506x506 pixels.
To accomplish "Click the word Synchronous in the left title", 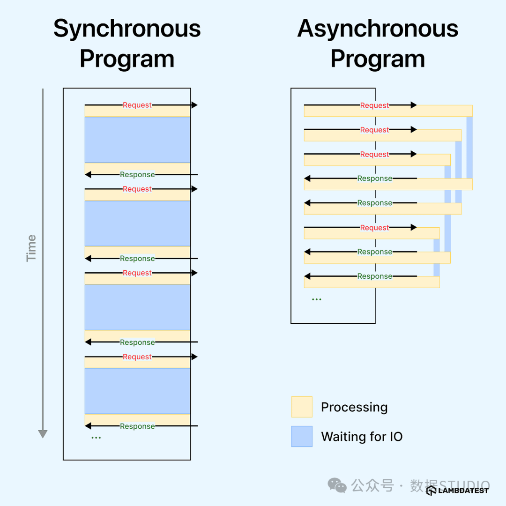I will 127,29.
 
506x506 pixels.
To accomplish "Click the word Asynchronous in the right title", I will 378,29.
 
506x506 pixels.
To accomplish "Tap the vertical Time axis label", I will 31,248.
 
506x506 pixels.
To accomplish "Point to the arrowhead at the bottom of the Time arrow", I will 43,434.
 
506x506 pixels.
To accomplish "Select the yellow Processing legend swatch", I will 302,407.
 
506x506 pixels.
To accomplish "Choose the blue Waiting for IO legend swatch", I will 302,436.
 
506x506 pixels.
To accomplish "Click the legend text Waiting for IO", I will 362,437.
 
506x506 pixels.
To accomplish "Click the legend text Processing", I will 354,407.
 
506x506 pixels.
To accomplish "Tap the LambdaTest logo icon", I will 431,490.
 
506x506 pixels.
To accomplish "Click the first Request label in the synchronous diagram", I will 137,105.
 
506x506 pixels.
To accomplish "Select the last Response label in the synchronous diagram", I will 137,426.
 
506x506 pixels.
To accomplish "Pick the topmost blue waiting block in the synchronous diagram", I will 137,140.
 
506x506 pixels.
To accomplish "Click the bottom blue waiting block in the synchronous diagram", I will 137,391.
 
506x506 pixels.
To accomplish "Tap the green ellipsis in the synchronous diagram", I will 96,438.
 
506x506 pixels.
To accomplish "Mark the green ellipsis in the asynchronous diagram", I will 317,299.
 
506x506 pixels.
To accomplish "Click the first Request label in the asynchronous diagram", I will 374,105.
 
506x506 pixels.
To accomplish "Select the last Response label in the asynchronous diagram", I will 374,276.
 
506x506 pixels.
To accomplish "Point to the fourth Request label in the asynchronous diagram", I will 374,228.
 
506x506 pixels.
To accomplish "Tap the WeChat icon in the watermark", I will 337,485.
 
